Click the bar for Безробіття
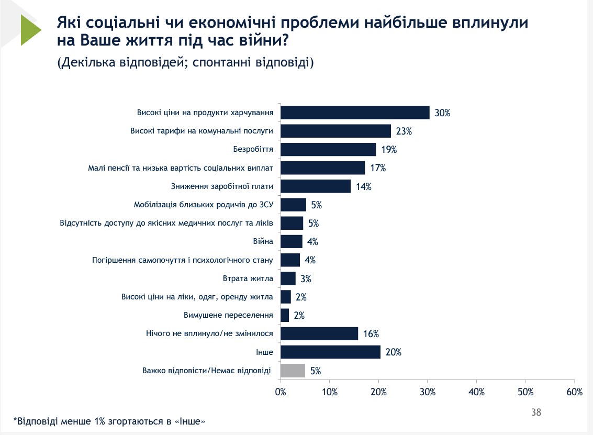coord(328,149)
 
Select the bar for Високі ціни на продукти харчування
coord(355,113)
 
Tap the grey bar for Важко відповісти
coord(293,371)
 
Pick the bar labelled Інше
coord(330,352)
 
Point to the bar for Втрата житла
coord(288,278)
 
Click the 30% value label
coord(442,113)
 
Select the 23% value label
coord(404,131)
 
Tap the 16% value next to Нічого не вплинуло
coord(371,334)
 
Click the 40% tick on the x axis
coord(476,392)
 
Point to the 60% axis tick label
coord(574,392)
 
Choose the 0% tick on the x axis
coord(281,392)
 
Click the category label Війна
coord(263,242)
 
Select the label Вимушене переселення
coord(229,316)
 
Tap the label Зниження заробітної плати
coord(222,186)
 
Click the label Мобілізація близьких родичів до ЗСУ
coord(205,205)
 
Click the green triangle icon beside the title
coord(30,30)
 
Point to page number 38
coord(535,412)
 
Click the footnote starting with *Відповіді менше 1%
coord(109,421)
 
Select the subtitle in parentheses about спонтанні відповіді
coord(185,63)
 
